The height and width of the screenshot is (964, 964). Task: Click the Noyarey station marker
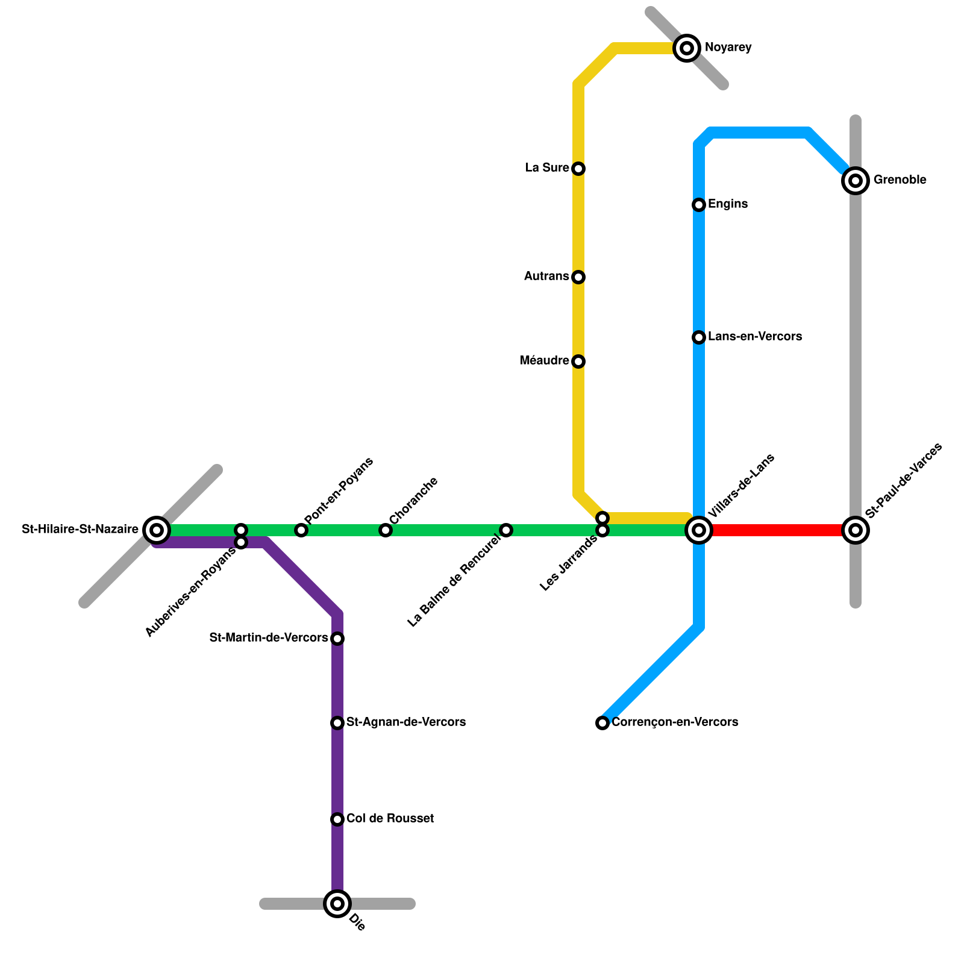pos(687,48)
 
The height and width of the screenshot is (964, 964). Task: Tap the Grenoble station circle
pos(856,180)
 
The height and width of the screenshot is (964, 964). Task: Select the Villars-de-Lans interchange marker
pos(699,530)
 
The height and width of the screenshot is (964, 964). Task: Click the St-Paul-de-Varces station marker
pos(856,530)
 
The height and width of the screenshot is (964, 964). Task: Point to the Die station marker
pos(337,903)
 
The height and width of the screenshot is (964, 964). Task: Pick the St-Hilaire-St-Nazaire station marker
pos(157,530)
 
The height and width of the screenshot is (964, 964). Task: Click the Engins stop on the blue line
pos(699,205)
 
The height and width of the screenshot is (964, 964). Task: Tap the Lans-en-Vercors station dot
pos(699,337)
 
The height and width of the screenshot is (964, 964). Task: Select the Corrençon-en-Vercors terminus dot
pos(602,723)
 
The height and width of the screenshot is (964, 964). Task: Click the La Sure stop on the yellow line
pos(578,169)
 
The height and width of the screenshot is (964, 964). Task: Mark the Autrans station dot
pos(578,277)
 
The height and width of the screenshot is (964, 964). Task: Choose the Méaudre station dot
pos(578,361)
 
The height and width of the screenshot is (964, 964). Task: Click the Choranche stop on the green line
pos(386,530)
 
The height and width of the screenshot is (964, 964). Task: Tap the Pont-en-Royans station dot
pos(301,530)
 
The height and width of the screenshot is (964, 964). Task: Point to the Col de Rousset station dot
pos(337,819)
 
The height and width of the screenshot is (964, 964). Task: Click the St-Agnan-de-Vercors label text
pos(405,722)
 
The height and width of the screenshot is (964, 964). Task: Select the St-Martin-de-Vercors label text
pos(269,637)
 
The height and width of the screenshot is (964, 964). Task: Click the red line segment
pos(777,530)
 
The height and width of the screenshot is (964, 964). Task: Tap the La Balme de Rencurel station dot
pos(506,530)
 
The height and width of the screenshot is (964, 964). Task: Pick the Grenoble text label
pos(900,180)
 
